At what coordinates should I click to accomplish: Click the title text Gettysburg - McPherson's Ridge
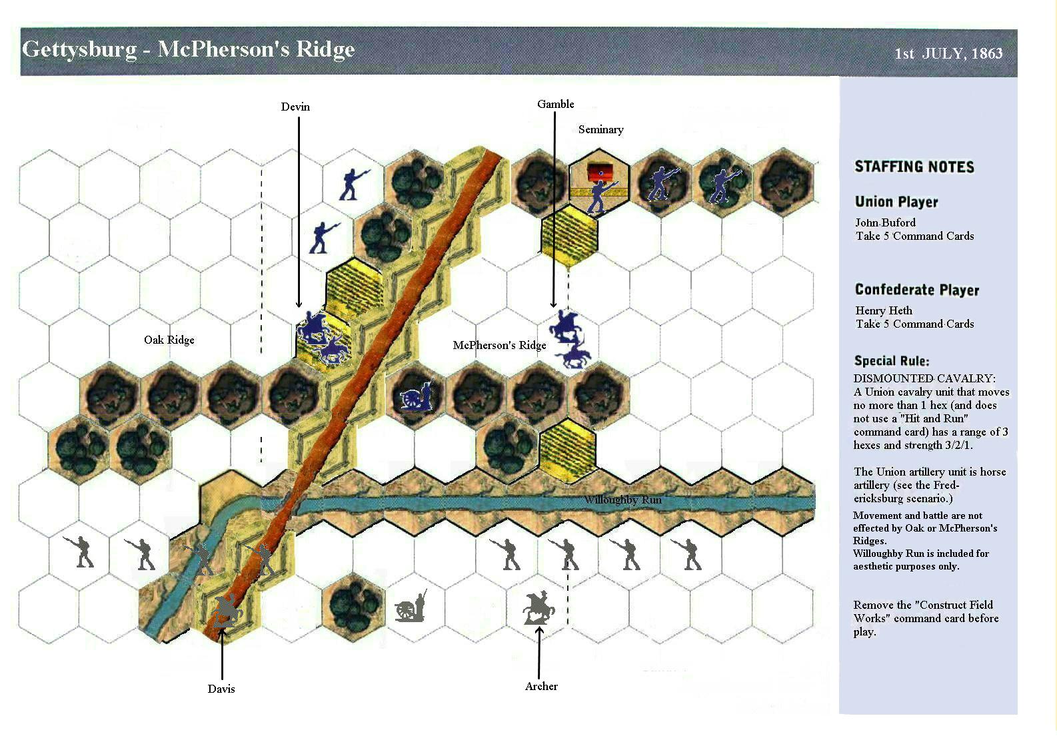(x=189, y=50)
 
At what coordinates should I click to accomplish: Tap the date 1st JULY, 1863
(x=948, y=53)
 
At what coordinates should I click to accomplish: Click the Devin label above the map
(x=295, y=107)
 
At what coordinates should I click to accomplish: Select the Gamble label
(x=555, y=104)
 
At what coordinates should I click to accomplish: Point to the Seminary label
(x=600, y=130)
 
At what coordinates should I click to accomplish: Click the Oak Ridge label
(x=169, y=340)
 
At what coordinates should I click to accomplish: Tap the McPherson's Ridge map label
(x=499, y=345)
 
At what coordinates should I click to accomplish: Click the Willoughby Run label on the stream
(x=623, y=500)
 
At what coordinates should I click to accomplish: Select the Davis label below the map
(x=221, y=689)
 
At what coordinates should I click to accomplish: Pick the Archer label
(x=541, y=686)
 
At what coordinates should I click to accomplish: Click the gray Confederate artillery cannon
(x=411, y=605)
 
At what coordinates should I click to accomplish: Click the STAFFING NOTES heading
(x=914, y=167)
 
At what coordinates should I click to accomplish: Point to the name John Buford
(x=885, y=222)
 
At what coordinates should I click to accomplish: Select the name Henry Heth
(x=884, y=310)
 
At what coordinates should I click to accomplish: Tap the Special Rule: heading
(x=891, y=361)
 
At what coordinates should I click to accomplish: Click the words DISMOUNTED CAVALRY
(x=924, y=378)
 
